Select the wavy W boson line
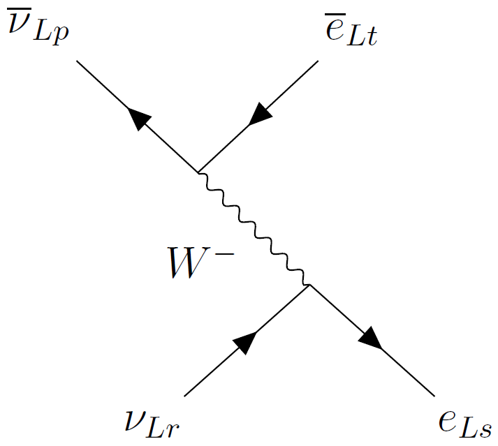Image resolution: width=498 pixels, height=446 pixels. tap(254, 228)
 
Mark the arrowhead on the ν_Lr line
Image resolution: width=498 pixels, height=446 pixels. tap(245, 341)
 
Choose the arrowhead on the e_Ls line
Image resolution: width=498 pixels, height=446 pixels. tap(370, 339)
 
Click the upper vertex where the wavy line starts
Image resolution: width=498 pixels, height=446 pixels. tap(198, 172)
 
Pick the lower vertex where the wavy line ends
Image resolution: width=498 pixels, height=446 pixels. tap(309, 285)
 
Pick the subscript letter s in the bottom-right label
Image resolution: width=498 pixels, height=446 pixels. tap(486, 429)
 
